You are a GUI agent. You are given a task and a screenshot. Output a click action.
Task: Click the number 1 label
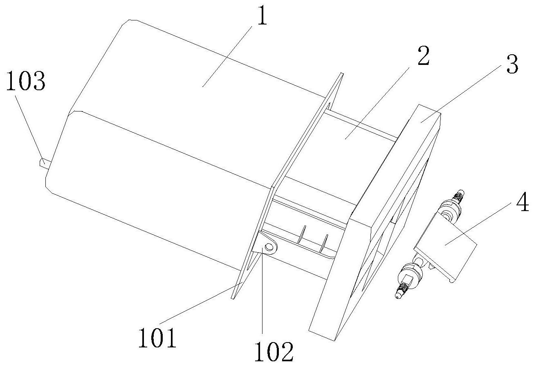[x=260, y=19]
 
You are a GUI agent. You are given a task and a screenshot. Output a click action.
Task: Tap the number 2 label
[x=422, y=57]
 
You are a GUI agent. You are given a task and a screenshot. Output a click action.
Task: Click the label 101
[x=157, y=338]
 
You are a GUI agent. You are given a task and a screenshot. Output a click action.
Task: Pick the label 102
[x=274, y=351]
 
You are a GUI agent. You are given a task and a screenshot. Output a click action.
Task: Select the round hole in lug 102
[x=269, y=247]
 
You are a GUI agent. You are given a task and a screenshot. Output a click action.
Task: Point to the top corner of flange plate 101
[x=342, y=74]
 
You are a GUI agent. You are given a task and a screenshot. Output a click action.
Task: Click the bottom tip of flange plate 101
[x=233, y=298]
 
